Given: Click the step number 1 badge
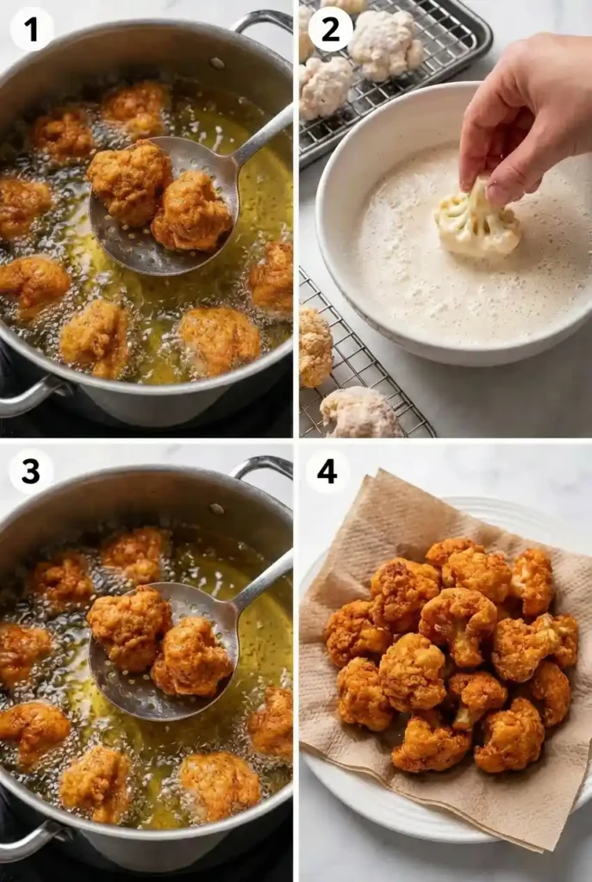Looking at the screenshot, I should click(31, 29).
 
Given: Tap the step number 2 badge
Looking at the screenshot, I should click(331, 29).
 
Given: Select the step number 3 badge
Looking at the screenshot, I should click(31, 471).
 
